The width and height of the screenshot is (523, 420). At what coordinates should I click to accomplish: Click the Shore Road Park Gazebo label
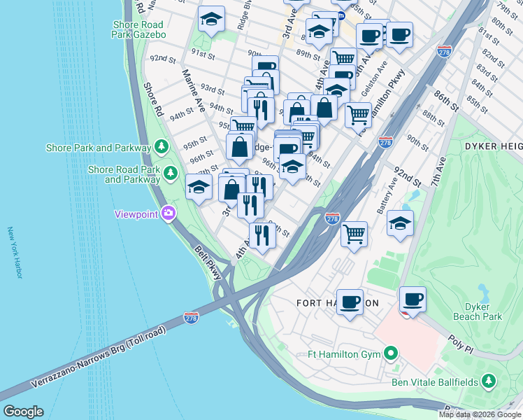[x=139, y=29]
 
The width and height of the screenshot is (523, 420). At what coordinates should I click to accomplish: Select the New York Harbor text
[x=15, y=252]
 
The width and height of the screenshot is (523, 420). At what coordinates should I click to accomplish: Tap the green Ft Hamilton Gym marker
[x=391, y=353]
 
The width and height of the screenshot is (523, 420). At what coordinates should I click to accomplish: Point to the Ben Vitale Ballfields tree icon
[x=489, y=381]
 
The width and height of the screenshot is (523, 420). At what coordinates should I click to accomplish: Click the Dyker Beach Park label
[x=482, y=311]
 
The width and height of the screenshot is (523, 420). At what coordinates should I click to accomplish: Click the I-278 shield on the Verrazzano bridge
[x=191, y=318]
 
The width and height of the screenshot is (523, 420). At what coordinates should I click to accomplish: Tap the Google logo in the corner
[x=23, y=412]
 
